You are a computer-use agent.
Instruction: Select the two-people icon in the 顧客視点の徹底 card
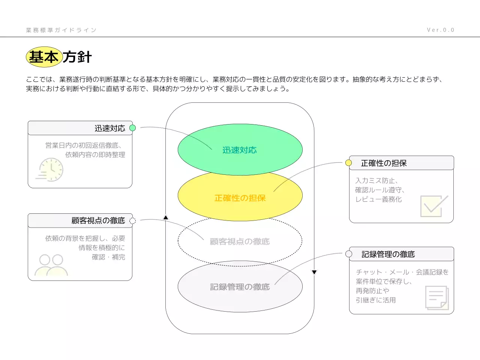click(51, 265)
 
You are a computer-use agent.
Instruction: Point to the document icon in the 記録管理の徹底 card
click(437, 298)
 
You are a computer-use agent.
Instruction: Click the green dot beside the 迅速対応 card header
click(132, 128)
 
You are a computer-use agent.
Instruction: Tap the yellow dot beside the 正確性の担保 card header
click(348, 163)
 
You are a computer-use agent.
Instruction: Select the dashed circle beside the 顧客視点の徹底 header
click(132, 220)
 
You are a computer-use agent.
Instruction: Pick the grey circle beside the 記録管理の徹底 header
click(349, 254)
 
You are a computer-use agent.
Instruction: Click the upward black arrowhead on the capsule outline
click(166, 217)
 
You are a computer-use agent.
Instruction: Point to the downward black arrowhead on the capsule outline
click(314, 272)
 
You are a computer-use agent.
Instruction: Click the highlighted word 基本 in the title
click(44, 57)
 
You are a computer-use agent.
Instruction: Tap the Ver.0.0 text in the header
click(440, 30)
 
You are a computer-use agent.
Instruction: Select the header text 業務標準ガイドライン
click(61, 30)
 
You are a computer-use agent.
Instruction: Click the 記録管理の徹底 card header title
click(388, 254)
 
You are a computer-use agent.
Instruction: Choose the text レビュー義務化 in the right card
click(378, 199)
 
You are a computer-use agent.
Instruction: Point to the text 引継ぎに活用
click(376, 300)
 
